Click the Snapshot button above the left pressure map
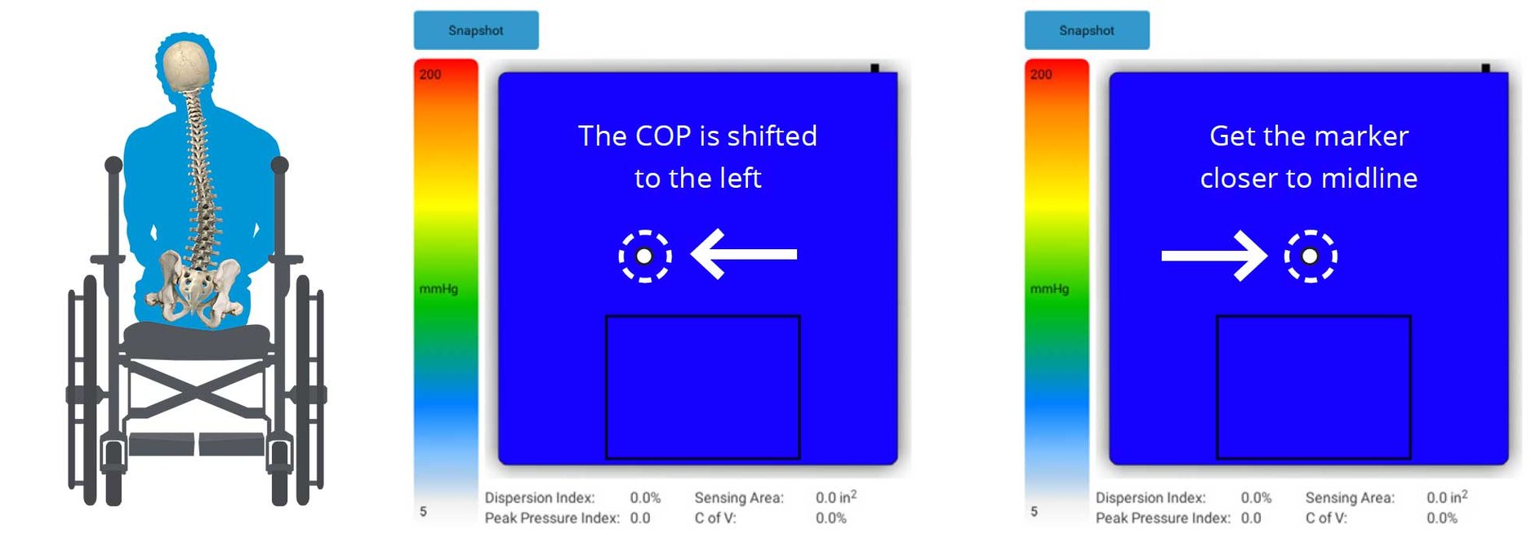(475, 30)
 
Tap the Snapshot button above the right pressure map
(1086, 30)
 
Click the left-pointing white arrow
(744, 254)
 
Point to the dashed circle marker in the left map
(644, 256)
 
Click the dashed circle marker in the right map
(1310, 256)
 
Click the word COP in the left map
(662, 136)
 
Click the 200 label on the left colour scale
(430, 74)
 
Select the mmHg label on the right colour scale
(1049, 288)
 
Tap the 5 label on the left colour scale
(423, 511)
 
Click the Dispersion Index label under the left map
(539, 497)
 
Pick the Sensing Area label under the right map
(1350, 497)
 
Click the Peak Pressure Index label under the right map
(1162, 518)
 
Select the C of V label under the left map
(715, 518)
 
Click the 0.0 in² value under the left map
(835, 497)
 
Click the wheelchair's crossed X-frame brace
(196, 389)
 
